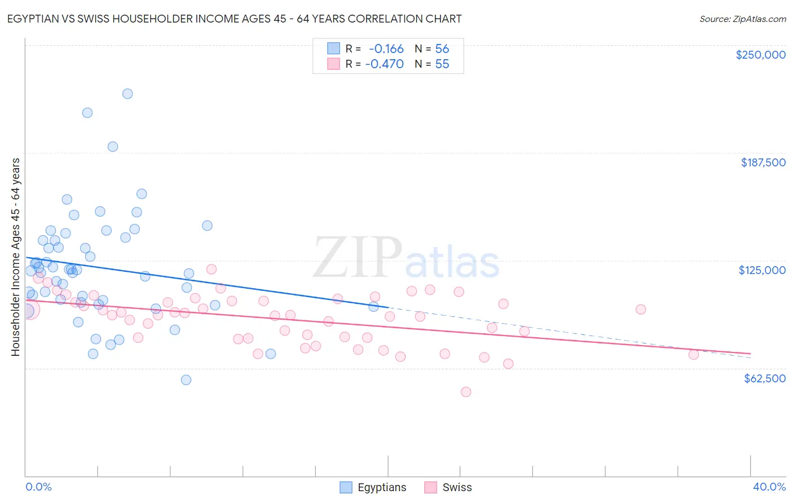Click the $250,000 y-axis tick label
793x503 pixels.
[760, 55]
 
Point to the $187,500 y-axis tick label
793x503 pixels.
[763, 162]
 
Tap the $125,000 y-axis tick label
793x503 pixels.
[762, 270]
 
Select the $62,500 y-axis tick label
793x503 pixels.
[764, 378]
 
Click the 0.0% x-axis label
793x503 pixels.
[38, 487]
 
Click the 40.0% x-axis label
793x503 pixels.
[769, 487]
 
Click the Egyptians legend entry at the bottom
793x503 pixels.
[381, 487]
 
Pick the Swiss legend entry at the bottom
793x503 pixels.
[456, 487]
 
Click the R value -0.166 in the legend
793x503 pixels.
[386, 49]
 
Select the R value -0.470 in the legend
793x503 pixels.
[384, 64]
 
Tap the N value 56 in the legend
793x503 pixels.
[442, 49]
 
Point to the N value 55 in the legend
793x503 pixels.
[442, 64]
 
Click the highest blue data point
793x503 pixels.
[127, 94]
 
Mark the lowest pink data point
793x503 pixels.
[466, 392]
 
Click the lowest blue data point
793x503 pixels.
[186, 380]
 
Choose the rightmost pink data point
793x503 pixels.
[694, 355]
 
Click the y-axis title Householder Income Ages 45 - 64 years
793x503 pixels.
[16, 257]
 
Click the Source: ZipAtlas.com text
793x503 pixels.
[742, 19]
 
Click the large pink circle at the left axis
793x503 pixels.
[28, 310]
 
